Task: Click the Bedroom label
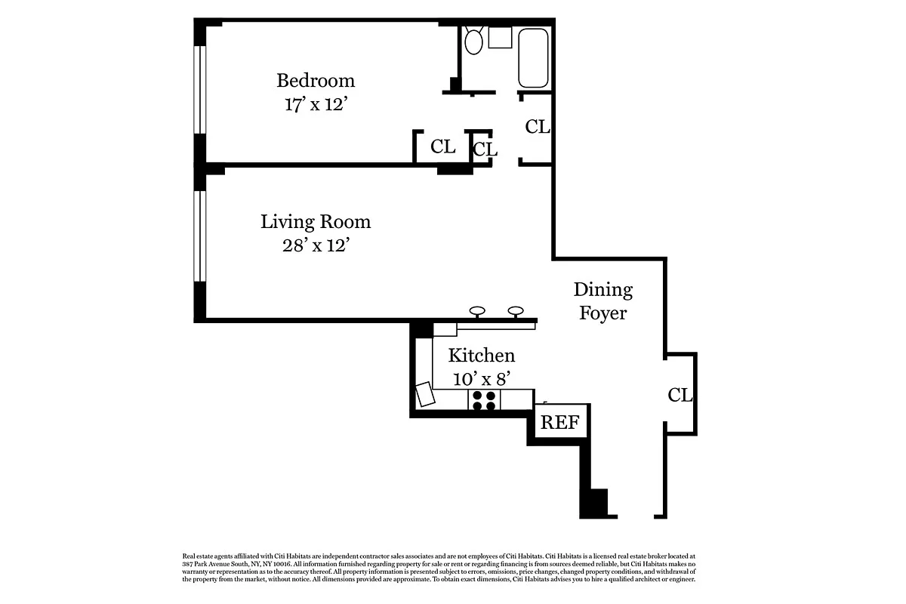click(316, 81)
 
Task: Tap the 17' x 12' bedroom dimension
click(316, 104)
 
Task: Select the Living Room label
click(316, 222)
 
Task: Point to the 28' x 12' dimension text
click(316, 245)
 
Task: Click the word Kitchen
click(482, 356)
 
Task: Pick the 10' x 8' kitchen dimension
click(482, 380)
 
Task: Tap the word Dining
click(603, 291)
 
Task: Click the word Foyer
click(603, 313)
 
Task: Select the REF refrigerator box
click(560, 421)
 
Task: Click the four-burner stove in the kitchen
click(484, 400)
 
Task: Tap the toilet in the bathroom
click(473, 41)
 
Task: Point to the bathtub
click(533, 58)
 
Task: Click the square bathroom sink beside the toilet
click(500, 38)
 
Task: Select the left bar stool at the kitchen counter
click(477, 312)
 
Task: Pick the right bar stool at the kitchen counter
click(516, 312)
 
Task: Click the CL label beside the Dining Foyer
click(680, 396)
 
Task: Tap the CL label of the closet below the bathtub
click(538, 127)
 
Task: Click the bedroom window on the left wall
click(200, 90)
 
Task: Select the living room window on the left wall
click(200, 236)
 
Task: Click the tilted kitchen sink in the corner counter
click(425, 394)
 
